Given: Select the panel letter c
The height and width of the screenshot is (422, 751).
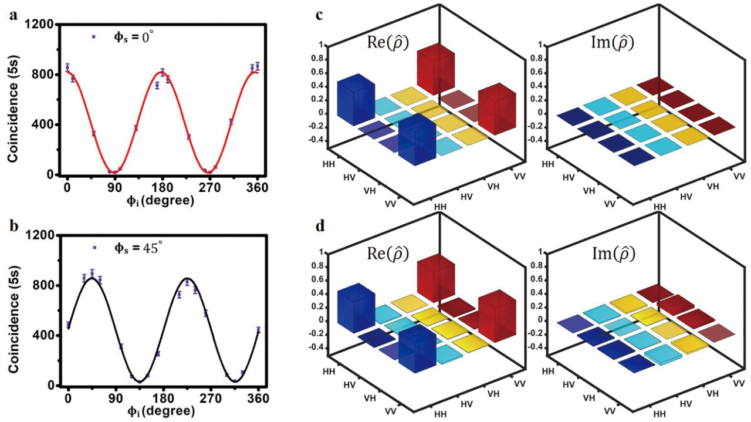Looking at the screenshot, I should (320, 15).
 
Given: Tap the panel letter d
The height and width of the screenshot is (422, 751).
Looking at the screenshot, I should (320, 226).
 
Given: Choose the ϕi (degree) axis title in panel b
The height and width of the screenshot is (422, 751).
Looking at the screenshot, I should (163, 410).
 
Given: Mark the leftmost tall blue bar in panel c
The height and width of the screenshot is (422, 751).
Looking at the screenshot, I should (356, 100).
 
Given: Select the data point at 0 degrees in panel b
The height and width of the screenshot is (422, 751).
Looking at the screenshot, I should (68, 325).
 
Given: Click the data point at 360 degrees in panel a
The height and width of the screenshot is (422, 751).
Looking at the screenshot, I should (257, 66).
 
